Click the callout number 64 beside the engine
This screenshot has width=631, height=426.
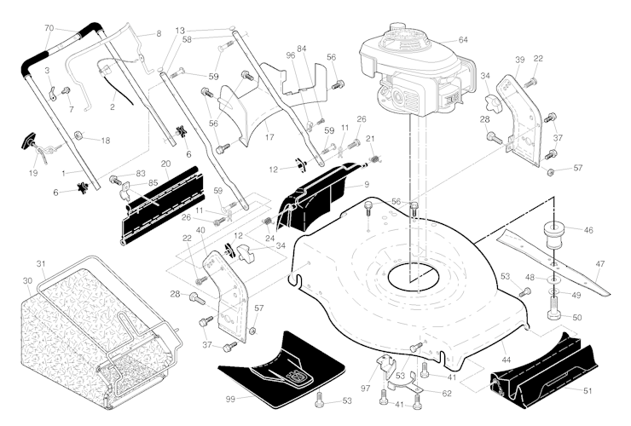[463, 40]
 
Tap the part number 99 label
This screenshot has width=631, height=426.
[230, 400]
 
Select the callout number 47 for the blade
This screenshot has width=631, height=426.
[599, 264]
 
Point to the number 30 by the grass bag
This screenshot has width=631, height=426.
[28, 281]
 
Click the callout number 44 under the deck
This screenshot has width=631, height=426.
[507, 360]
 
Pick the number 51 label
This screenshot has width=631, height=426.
[588, 390]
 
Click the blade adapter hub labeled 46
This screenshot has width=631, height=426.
[553, 234]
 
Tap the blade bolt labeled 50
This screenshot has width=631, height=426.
[553, 309]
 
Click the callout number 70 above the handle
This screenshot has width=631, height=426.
[49, 28]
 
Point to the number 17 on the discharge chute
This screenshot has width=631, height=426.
[269, 137]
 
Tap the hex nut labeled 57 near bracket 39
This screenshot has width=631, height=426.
[552, 172]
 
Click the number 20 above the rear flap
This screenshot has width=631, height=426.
[165, 164]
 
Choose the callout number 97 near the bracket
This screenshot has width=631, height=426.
[366, 389]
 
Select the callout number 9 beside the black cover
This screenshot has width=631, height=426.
[367, 185]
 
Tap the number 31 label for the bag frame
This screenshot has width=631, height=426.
[41, 264]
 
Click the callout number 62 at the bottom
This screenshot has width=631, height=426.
[447, 394]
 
